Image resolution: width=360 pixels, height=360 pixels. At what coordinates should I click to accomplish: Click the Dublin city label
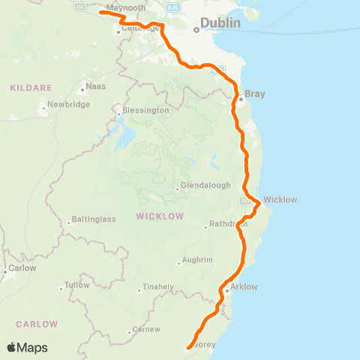pyautogui.click(x=221, y=23)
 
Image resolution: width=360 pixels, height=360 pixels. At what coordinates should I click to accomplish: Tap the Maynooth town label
pyautogui.click(x=125, y=7)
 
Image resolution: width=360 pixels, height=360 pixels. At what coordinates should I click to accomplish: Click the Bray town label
pyautogui.click(x=255, y=94)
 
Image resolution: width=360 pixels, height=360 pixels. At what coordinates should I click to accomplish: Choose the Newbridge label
pyautogui.click(x=68, y=104)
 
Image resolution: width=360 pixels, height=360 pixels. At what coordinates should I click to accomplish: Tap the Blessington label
pyautogui.click(x=148, y=110)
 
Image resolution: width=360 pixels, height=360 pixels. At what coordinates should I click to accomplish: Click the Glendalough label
pyautogui.click(x=202, y=187)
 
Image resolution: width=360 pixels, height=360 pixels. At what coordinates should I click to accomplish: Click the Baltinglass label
pyautogui.click(x=92, y=220)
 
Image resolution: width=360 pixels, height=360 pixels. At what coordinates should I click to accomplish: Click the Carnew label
pyautogui.click(x=146, y=330)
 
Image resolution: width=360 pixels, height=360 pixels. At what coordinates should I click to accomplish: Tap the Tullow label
pyautogui.click(x=76, y=285)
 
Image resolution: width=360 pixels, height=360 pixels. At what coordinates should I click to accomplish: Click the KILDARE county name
pyautogui.click(x=29, y=88)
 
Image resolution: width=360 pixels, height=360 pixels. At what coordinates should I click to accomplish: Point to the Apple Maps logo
pyautogui.click(x=27, y=347)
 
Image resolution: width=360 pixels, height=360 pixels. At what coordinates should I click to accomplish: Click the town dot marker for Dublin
pyautogui.click(x=196, y=30)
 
